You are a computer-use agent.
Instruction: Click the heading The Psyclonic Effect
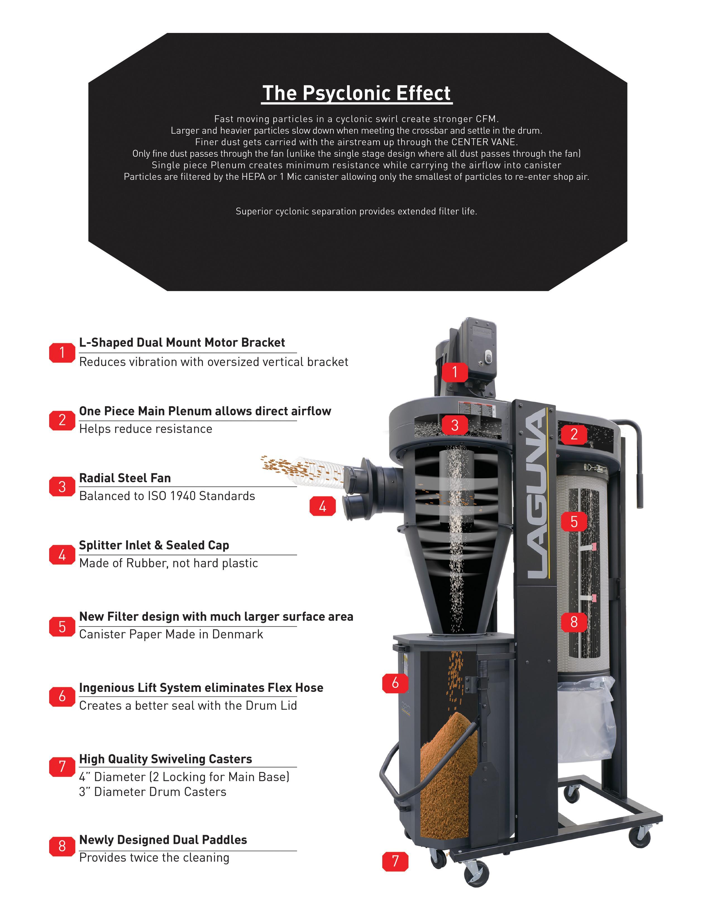click(357, 93)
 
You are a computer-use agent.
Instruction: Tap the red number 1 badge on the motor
click(455, 372)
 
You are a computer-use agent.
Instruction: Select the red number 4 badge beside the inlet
click(323, 506)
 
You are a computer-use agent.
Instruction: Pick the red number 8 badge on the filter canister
click(574, 622)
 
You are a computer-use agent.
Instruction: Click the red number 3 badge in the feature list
click(62, 487)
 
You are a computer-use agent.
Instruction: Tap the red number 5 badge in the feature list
click(62, 627)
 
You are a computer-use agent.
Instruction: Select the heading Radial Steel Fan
click(125, 478)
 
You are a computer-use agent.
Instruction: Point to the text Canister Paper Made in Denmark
click(171, 634)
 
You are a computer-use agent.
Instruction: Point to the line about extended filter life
click(357, 211)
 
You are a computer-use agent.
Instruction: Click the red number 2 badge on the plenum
click(574, 434)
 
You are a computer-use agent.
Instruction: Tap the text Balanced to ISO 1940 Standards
click(167, 496)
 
